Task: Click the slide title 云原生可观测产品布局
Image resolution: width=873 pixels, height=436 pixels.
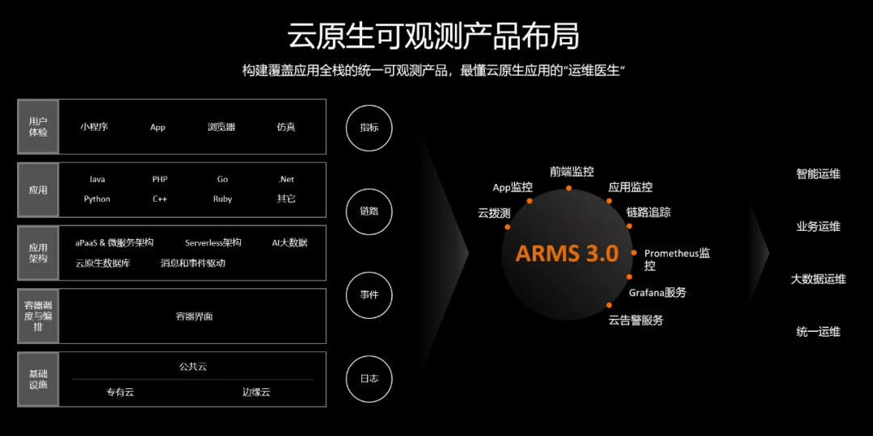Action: (x=433, y=36)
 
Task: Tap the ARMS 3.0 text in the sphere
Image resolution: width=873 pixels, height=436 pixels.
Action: (x=567, y=254)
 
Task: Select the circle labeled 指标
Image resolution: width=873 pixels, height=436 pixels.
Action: (x=369, y=128)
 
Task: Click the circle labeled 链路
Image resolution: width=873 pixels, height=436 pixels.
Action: (x=369, y=212)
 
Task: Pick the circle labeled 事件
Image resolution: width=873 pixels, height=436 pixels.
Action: (x=369, y=295)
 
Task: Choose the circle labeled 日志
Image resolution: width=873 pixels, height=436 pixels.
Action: (x=369, y=378)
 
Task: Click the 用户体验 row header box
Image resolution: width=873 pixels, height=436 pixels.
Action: (x=38, y=127)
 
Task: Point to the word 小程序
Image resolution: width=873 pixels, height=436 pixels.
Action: (x=94, y=127)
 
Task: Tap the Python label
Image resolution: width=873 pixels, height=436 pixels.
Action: (x=97, y=199)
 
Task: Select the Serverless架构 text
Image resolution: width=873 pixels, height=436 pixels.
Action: (x=213, y=242)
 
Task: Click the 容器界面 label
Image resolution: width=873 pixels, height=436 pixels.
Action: (x=194, y=317)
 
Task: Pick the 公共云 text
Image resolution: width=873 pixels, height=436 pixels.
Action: (x=192, y=367)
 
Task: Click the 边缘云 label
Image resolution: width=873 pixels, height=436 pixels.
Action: (x=256, y=392)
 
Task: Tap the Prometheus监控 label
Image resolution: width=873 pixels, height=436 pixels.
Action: (x=677, y=258)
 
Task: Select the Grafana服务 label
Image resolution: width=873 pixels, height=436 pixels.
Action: (x=657, y=292)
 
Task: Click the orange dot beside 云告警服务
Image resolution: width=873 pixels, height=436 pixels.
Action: (x=609, y=305)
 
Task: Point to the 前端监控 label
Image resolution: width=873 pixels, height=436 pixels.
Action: (x=571, y=171)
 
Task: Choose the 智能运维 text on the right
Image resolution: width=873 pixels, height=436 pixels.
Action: (x=818, y=174)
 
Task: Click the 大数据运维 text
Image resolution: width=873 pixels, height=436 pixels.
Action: (x=818, y=279)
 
